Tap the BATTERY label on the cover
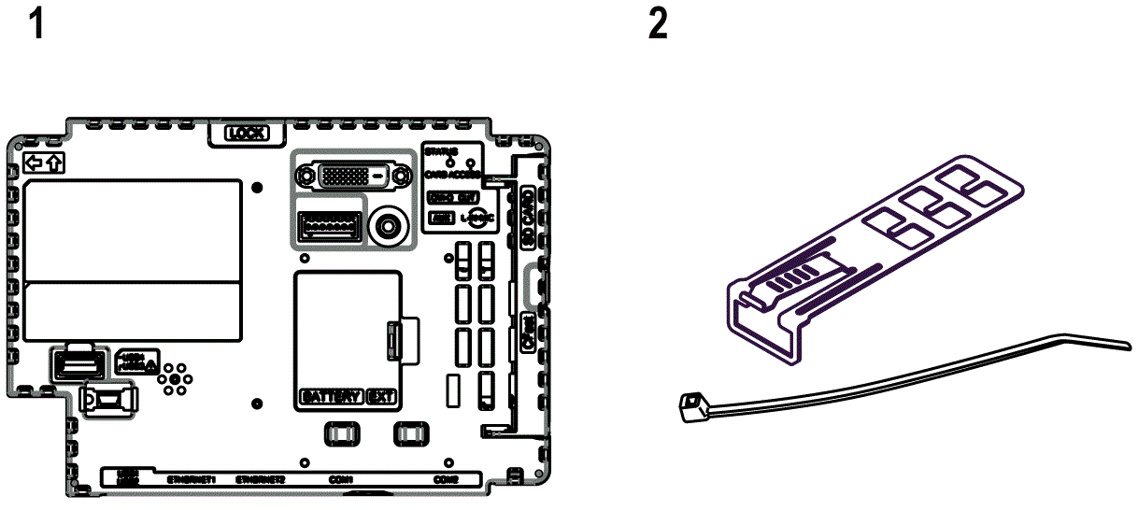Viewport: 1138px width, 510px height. point(331,396)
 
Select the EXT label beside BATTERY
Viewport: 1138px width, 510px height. point(381,396)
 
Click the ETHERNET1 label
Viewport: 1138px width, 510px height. point(191,479)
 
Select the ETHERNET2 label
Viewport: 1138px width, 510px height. point(260,479)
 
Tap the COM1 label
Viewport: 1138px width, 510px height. point(340,479)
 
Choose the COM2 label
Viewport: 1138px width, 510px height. point(446,479)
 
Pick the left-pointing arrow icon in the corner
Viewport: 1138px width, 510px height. point(35,163)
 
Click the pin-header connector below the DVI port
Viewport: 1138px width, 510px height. point(327,225)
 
